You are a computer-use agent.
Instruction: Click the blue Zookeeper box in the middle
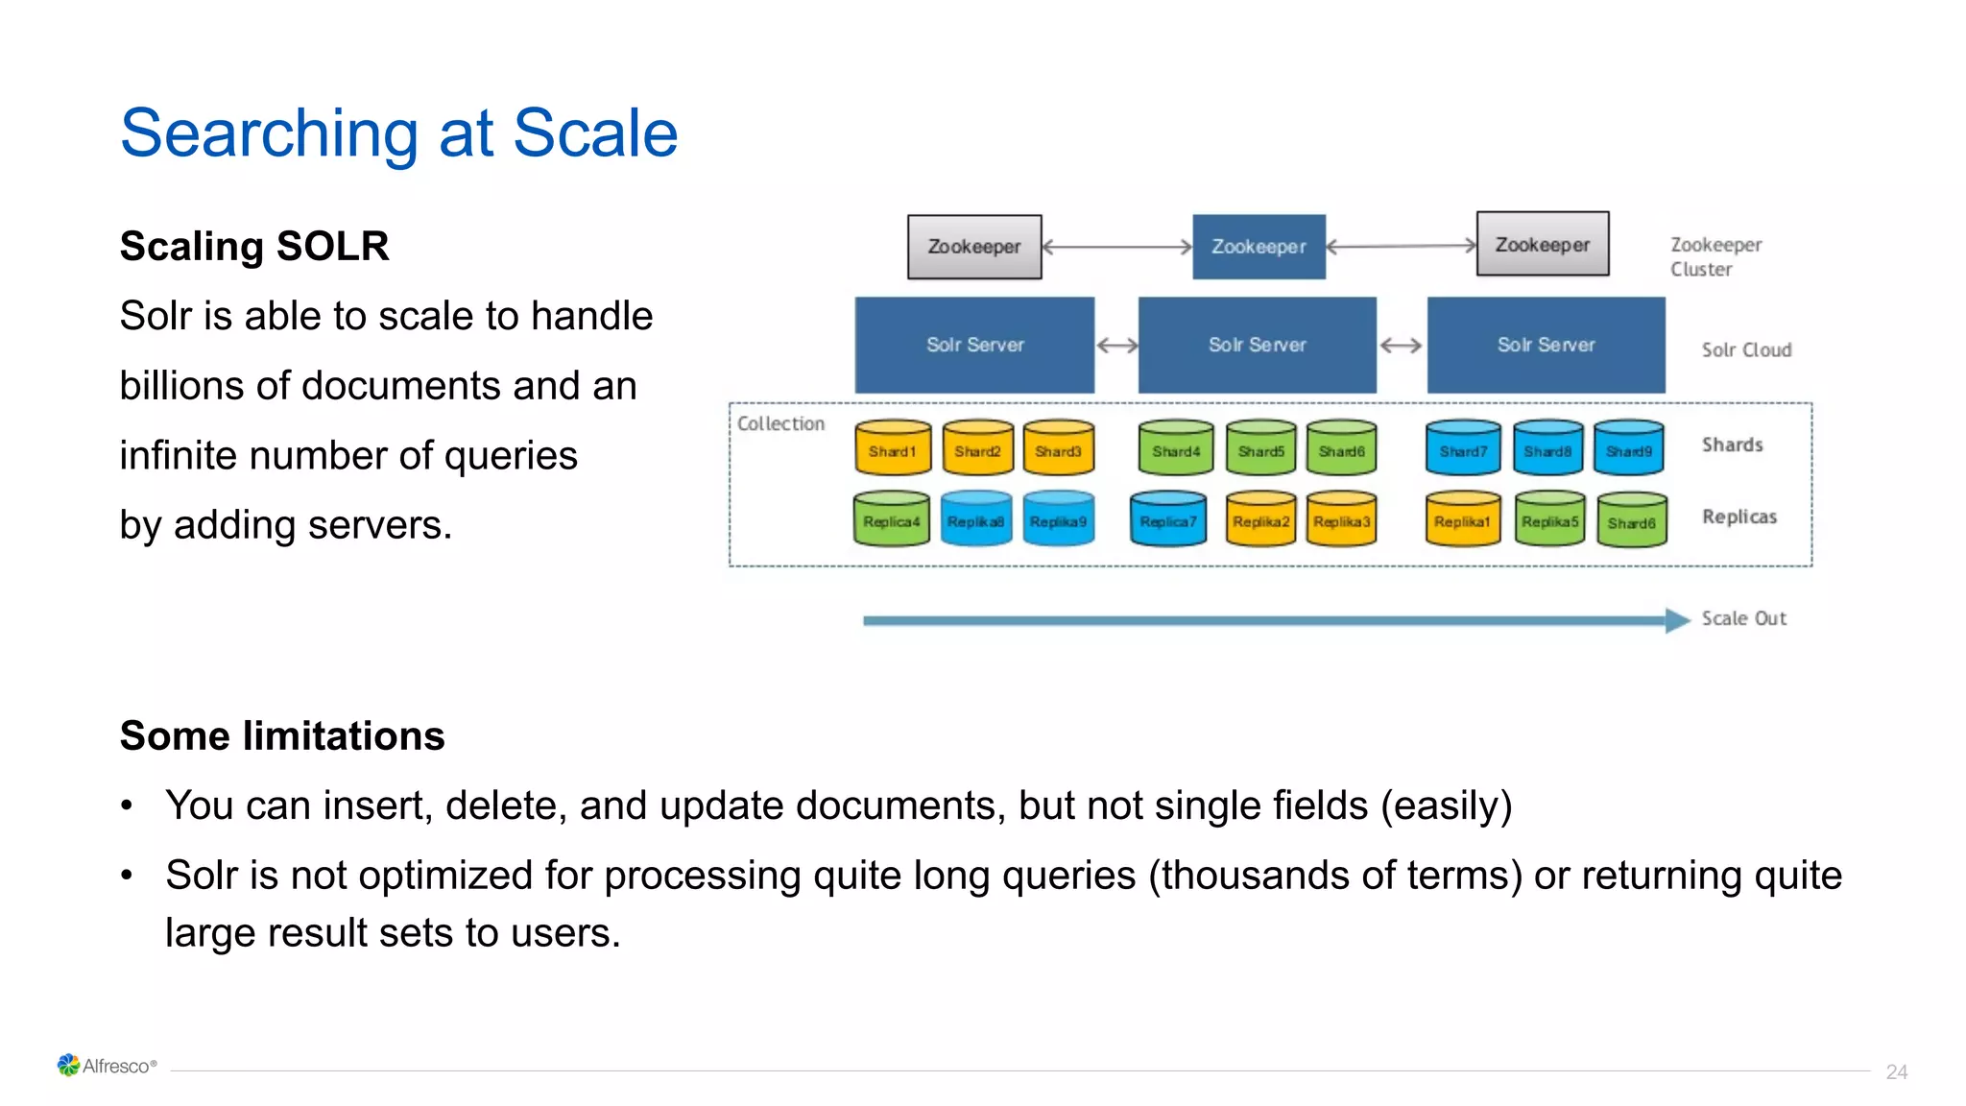tap(1259, 247)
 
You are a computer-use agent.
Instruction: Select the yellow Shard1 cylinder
tap(893, 449)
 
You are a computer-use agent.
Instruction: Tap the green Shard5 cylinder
tap(1260, 449)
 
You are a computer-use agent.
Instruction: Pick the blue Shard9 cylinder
tap(1629, 449)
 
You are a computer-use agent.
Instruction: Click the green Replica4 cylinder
tap(891, 520)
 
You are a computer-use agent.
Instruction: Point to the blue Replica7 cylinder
tap(1168, 520)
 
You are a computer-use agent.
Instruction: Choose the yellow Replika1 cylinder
tap(1462, 520)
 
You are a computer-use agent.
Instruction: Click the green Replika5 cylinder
tap(1549, 520)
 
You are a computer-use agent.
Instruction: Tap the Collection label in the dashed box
tap(780, 423)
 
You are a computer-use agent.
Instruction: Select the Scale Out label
tap(1743, 618)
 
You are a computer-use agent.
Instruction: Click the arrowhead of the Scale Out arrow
tap(1677, 620)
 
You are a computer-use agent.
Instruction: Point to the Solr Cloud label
tap(1746, 349)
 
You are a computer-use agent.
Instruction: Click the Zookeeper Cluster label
tap(1714, 256)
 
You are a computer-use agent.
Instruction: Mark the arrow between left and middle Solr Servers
tap(1116, 346)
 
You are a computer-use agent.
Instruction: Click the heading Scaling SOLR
tap(254, 246)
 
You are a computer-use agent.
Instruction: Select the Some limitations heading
tap(282, 735)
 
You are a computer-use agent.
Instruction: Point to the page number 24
tap(1896, 1071)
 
